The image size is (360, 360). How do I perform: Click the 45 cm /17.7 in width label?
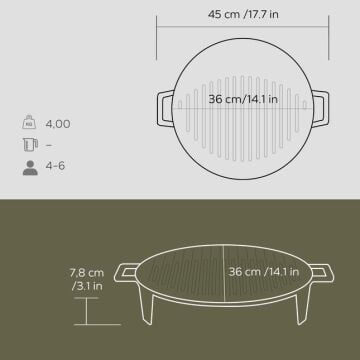click(x=243, y=15)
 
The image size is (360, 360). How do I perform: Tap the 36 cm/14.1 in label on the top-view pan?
click(x=243, y=99)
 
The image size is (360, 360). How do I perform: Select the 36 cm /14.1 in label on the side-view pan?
click(x=264, y=272)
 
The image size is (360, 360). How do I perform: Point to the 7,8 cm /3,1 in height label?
click(x=87, y=279)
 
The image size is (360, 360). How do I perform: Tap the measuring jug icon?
click(x=30, y=145)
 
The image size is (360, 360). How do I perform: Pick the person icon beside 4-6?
click(x=30, y=168)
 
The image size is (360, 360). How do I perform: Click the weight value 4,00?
click(x=58, y=124)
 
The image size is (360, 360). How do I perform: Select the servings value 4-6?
click(x=55, y=166)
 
